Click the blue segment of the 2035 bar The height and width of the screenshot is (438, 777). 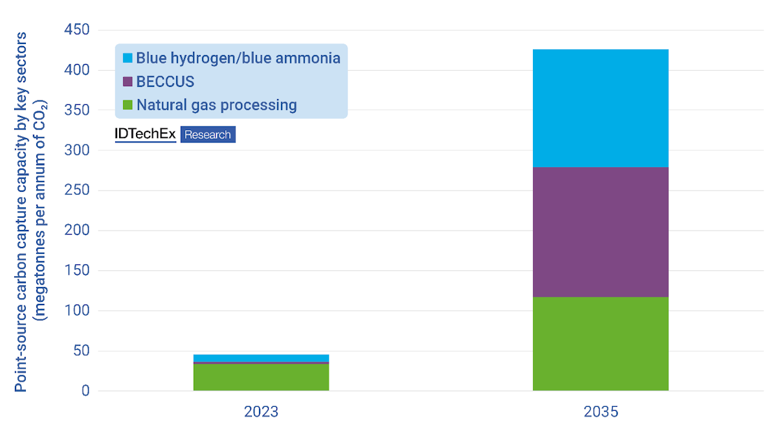pyautogui.click(x=600, y=108)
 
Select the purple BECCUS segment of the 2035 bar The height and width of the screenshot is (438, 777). pyautogui.click(x=600, y=232)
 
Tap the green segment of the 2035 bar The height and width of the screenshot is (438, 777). pyautogui.click(x=600, y=343)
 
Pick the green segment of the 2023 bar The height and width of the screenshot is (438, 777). pyautogui.click(x=261, y=378)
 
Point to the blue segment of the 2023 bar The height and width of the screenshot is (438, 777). pyautogui.click(x=261, y=358)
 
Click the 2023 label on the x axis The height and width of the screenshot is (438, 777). pyautogui.click(x=261, y=412)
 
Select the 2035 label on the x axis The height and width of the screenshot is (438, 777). pyautogui.click(x=600, y=412)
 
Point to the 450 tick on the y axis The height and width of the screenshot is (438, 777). pyautogui.click(x=76, y=30)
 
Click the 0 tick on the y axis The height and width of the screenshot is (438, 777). pyautogui.click(x=84, y=391)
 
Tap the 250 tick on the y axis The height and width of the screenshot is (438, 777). pyautogui.click(x=76, y=190)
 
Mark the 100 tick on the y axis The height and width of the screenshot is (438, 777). pyautogui.click(x=76, y=310)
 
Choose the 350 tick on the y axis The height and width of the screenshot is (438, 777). pyautogui.click(x=76, y=110)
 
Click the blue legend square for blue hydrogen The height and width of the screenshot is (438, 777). pyautogui.click(x=127, y=58)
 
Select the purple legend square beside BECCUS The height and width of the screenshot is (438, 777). pyautogui.click(x=127, y=82)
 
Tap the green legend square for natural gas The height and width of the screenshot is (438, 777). pyautogui.click(x=127, y=105)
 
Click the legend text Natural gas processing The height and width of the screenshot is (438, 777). pyautogui.click(x=216, y=105)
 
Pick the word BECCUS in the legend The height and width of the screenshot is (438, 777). pyautogui.click(x=165, y=82)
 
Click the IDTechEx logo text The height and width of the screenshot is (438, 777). pyautogui.click(x=145, y=134)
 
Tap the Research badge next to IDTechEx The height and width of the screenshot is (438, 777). pyautogui.click(x=208, y=135)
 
